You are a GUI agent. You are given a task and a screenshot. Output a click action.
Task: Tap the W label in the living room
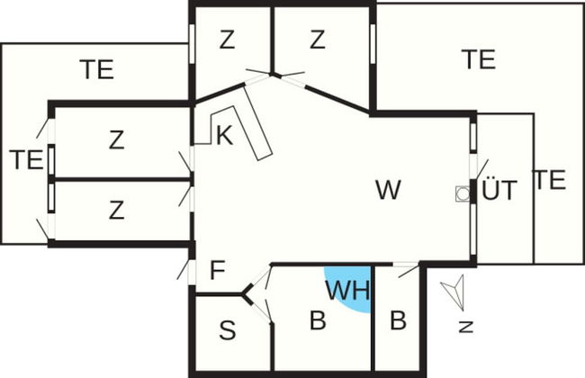388,190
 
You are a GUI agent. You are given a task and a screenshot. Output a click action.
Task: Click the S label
228,331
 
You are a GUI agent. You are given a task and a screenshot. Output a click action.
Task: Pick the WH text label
348,290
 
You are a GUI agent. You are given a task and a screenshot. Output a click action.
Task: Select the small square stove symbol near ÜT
463,193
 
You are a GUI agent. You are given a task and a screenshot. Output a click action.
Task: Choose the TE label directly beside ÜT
549,180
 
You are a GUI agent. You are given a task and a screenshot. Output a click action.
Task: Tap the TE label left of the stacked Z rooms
26,160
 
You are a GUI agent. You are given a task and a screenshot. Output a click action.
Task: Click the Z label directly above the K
227,40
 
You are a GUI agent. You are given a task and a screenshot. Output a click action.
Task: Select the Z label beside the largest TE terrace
316,40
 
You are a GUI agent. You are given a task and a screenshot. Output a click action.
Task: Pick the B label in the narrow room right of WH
398,319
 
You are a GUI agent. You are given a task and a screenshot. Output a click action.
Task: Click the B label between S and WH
317,320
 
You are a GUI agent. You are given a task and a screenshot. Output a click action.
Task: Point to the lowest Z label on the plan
116,211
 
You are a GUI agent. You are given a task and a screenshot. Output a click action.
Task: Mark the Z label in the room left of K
116,140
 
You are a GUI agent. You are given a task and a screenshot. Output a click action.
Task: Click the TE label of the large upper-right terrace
478,59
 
